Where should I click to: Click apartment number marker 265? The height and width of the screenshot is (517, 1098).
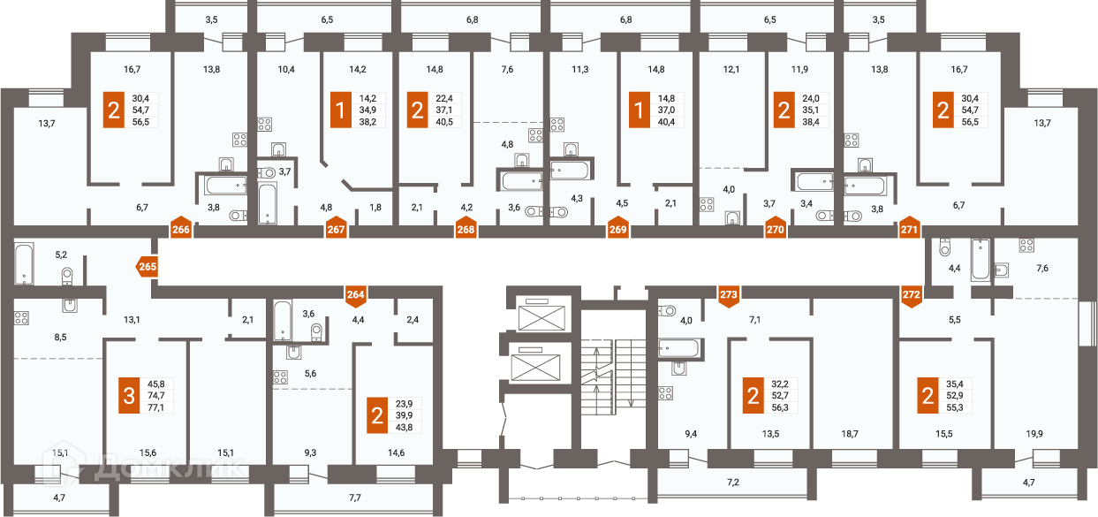(147, 267)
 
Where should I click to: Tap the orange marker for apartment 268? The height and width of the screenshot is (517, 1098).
(466, 227)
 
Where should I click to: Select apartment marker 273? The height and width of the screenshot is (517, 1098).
(729, 296)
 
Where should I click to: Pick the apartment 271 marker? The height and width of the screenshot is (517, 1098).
(909, 227)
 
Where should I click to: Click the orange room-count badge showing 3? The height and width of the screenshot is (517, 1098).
(129, 395)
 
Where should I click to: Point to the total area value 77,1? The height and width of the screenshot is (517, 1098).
(155, 407)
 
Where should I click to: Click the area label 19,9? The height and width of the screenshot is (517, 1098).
(1034, 434)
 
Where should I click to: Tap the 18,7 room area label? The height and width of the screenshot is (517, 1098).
(850, 434)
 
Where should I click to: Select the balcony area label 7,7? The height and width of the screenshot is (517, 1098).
(354, 498)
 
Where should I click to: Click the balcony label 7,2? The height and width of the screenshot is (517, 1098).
(733, 483)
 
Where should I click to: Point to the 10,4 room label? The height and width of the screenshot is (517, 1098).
(286, 69)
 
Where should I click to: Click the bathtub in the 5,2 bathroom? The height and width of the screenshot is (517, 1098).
(24, 263)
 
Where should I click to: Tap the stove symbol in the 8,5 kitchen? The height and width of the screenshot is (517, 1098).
(21, 318)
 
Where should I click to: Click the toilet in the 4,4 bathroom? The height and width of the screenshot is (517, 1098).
(944, 247)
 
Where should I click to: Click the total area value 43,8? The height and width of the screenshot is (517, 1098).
(404, 427)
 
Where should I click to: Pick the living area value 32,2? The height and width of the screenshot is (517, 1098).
(780, 384)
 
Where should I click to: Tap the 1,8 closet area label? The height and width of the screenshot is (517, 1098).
(375, 208)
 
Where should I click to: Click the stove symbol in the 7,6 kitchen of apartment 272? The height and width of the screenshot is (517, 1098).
(1026, 246)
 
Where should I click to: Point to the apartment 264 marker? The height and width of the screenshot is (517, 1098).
(355, 296)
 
